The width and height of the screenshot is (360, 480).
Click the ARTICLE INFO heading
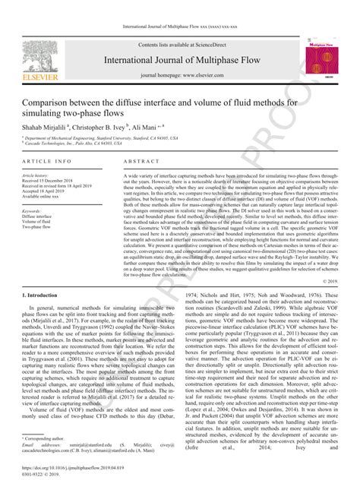coord(47,163)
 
